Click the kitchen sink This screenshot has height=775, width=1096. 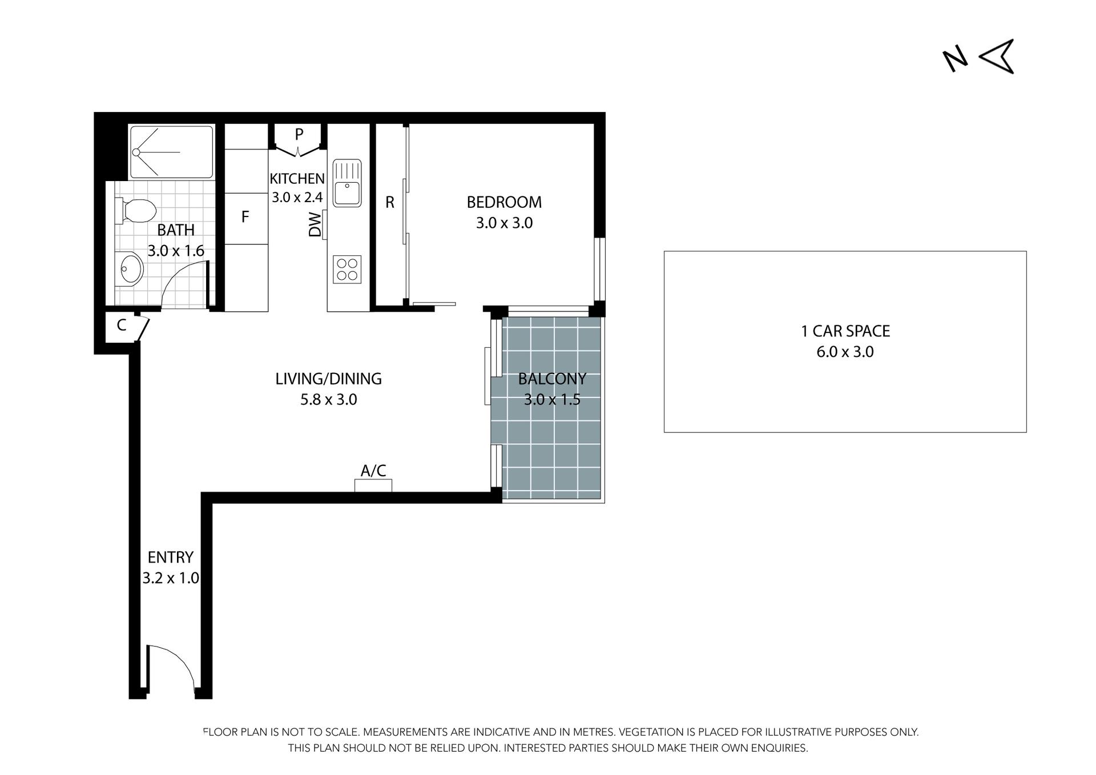(347, 183)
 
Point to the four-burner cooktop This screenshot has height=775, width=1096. (347, 270)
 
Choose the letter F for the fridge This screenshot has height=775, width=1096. (245, 217)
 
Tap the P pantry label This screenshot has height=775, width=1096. (299, 134)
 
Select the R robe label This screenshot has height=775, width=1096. (390, 202)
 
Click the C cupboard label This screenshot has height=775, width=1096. (122, 326)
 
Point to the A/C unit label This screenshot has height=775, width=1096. (373, 471)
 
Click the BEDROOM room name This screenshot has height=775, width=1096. (504, 202)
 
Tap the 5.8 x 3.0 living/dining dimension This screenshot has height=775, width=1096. (329, 400)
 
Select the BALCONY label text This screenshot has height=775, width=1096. (552, 379)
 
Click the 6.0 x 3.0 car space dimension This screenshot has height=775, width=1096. (845, 352)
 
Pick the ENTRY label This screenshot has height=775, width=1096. (171, 557)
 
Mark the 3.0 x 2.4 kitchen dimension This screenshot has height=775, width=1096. (297, 198)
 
